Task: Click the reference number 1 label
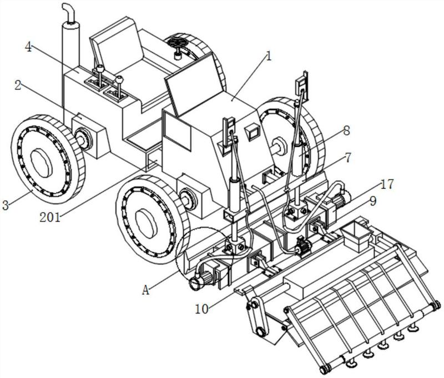269,56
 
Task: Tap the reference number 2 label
18,86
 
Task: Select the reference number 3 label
6,205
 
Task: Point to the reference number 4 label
28,47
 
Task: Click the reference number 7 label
347,157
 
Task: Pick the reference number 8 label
346,131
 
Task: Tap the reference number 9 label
372,201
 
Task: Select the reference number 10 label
201,309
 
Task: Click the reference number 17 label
387,185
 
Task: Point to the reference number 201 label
50,217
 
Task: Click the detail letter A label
145,290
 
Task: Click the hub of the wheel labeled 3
41,163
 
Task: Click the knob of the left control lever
100,68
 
